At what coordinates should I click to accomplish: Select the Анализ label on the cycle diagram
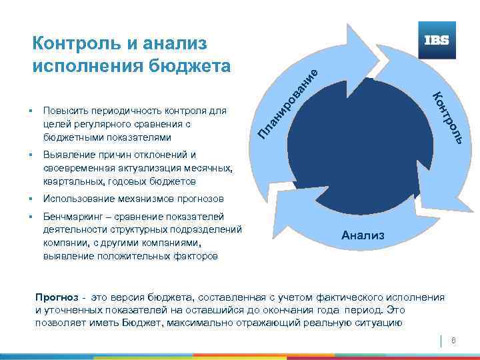[x=363, y=235]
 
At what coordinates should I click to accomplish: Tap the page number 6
[x=453, y=341]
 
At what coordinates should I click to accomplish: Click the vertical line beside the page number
[x=442, y=341]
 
